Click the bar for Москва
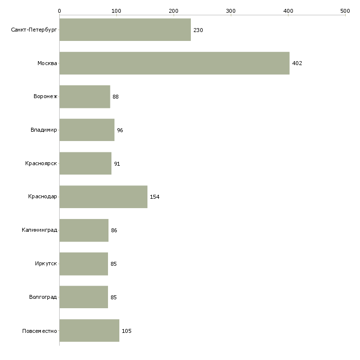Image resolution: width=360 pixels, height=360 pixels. coord(175,63)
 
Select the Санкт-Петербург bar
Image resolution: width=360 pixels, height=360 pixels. coord(125,30)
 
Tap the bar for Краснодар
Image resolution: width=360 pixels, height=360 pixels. coord(104,197)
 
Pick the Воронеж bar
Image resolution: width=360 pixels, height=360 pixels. coord(85,97)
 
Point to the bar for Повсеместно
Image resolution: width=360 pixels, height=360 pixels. coord(89,330)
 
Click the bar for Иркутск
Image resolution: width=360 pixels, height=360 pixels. coord(83,264)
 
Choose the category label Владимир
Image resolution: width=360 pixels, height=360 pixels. coord(43,130)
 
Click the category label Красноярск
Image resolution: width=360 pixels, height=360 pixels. coord(41,163)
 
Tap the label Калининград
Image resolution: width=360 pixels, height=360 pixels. coord(39,230)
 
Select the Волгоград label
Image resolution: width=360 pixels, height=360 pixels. coord(43,297)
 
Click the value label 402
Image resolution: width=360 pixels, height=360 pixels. coord(297,63)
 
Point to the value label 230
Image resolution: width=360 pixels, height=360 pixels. coord(198,30)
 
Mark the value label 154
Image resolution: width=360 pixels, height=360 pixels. coord(155,197)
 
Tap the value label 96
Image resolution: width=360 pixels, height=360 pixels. coord(120,130)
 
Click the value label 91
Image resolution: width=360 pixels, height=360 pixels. coord(117,164)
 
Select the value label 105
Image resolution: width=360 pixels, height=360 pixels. coord(127,331)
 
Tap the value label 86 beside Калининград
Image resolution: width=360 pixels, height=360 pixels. coord(114,230)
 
